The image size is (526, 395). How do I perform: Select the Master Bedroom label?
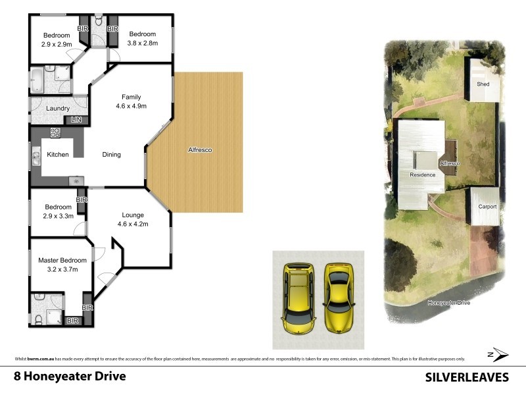[62, 261]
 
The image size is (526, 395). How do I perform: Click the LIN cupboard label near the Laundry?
[77, 120]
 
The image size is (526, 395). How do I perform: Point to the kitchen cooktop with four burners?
[56, 132]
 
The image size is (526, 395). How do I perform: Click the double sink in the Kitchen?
[35, 157]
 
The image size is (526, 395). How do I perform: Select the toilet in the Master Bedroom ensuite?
[38, 319]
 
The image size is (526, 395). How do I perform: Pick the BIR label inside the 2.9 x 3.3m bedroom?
[82, 199]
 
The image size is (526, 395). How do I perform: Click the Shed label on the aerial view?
[483, 84]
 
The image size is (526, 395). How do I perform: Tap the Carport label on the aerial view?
[487, 206]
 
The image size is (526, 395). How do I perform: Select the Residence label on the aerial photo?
[423, 175]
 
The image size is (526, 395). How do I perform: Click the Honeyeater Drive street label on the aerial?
[449, 303]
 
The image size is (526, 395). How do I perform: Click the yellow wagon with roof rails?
[298, 298]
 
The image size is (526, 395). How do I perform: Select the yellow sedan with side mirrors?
[339, 297]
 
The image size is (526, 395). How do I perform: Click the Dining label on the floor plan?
[112, 155]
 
